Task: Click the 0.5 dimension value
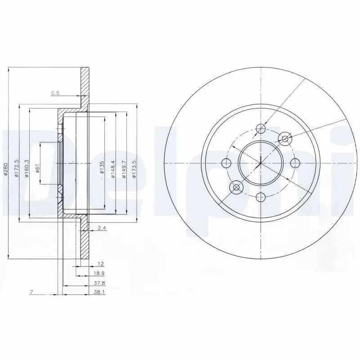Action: (x=55, y=93)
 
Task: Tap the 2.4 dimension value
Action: (x=102, y=229)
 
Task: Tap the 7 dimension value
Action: (x=31, y=292)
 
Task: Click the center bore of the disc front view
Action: (x=260, y=162)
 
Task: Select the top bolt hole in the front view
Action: (x=260, y=129)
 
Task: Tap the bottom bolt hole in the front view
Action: (x=260, y=196)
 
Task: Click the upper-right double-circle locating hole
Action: (x=284, y=139)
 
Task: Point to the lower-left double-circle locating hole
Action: (x=236, y=186)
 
